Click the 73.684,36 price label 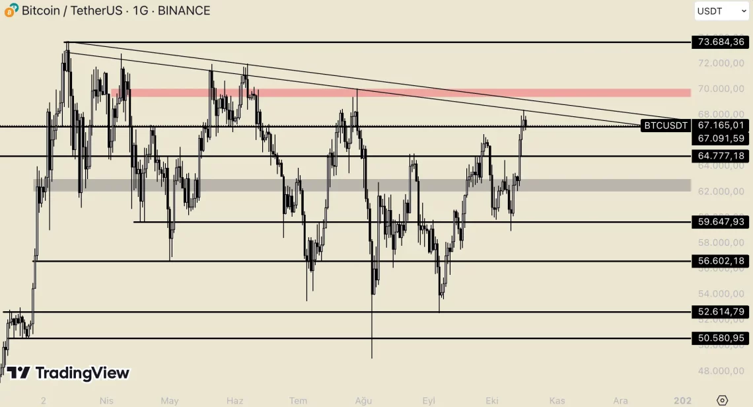pyautogui.click(x=721, y=42)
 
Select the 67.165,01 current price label pyautogui.click(x=721, y=126)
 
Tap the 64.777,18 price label pyautogui.click(x=721, y=156)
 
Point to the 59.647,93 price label pyautogui.click(x=721, y=222)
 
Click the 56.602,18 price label pyautogui.click(x=721, y=261)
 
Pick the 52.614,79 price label pyautogui.click(x=721, y=312)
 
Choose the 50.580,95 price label pyautogui.click(x=721, y=338)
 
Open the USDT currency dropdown pyautogui.click(x=721, y=11)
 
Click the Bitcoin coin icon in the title pyautogui.click(x=11, y=11)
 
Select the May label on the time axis pyautogui.click(x=170, y=400)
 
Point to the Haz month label pyautogui.click(x=234, y=400)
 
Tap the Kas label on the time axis pyautogui.click(x=557, y=400)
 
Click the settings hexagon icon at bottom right pyautogui.click(x=722, y=400)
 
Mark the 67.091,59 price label pyautogui.click(x=721, y=139)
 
